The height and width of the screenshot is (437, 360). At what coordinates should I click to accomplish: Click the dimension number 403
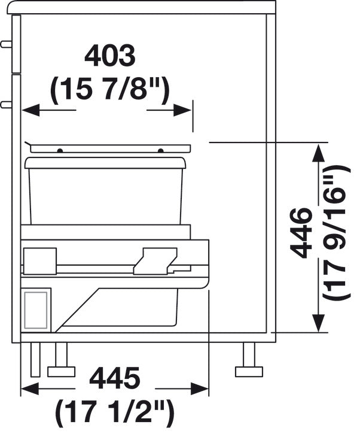point(110,57)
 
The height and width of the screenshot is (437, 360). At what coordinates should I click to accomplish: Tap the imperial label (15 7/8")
point(110,89)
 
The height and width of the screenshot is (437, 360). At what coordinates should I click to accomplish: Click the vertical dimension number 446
point(300,233)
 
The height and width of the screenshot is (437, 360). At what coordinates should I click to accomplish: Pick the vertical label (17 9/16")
point(337,233)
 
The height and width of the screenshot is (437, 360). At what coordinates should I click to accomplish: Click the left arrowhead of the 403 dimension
point(30,110)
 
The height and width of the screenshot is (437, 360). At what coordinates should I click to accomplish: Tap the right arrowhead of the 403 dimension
point(182,110)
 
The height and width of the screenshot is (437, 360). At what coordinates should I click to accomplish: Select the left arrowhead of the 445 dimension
point(30,389)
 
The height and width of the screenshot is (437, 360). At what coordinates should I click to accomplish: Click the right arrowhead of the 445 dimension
point(200,389)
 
